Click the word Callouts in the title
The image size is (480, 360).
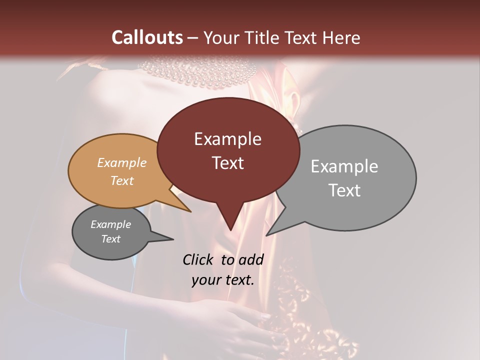[x=147, y=37]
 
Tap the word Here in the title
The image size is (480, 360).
[x=338, y=37]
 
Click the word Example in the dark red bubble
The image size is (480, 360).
[x=227, y=139]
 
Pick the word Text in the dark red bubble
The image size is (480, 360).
[x=227, y=163]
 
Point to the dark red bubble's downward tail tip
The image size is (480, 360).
[x=230, y=229]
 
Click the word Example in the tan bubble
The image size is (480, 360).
[x=121, y=163]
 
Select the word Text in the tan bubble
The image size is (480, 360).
[x=121, y=180]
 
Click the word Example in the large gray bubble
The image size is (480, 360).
[x=344, y=166]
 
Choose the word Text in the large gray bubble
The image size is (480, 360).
[x=344, y=190]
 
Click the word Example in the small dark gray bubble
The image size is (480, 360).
[x=110, y=224]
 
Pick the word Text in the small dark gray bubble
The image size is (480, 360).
[x=110, y=239]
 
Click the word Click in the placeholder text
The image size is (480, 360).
[x=200, y=259]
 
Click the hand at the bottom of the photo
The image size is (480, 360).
[x=235, y=325]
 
